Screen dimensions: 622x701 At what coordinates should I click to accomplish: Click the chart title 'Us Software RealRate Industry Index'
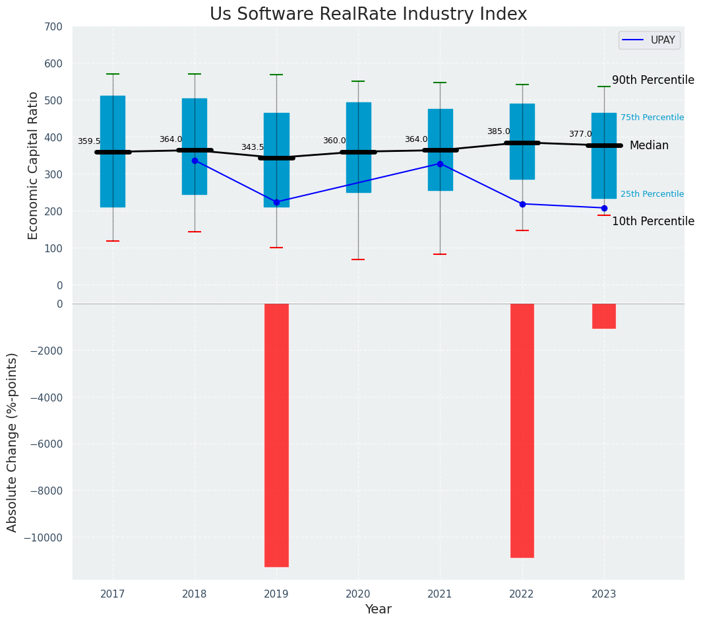(368, 15)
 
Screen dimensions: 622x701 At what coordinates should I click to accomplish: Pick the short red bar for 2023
(603, 316)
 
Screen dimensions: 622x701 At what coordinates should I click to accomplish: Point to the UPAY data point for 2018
(195, 160)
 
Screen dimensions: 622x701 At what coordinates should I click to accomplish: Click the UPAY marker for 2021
(440, 164)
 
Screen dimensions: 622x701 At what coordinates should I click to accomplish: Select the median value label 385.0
(499, 132)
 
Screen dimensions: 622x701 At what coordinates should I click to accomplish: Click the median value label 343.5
(253, 148)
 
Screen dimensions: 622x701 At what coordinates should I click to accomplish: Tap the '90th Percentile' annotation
(652, 81)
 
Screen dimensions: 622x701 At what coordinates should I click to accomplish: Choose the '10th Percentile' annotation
(652, 222)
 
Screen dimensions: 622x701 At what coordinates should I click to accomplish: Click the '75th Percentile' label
(652, 118)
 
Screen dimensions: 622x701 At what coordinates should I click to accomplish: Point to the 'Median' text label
(649, 146)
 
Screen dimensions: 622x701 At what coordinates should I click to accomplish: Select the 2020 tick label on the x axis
(358, 594)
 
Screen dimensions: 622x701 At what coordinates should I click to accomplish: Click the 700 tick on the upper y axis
(54, 27)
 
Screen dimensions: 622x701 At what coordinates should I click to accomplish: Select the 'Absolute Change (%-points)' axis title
(13, 442)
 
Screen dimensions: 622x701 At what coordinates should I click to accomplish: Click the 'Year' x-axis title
(378, 609)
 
